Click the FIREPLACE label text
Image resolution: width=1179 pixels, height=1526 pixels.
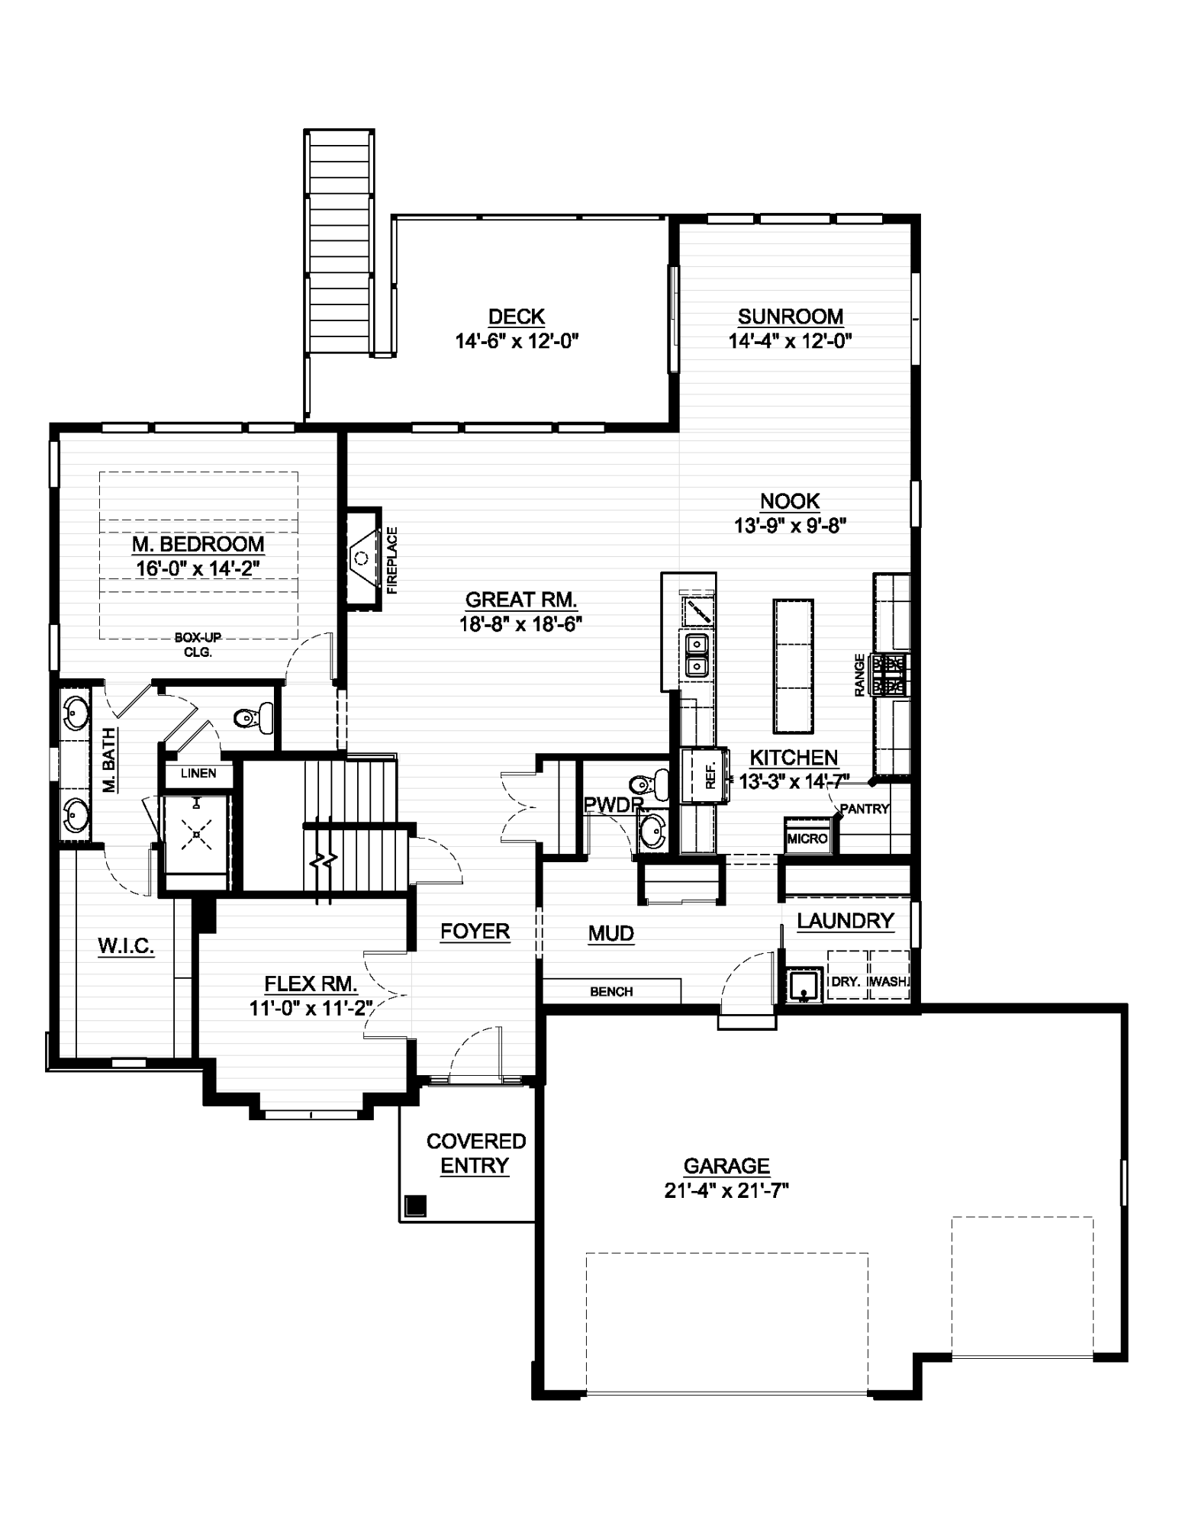coord(392,560)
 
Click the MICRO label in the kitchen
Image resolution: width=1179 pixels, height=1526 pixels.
coord(807,839)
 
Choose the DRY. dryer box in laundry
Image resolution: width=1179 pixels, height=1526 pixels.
coord(846,981)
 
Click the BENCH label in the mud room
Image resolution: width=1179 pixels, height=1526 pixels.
coord(611,991)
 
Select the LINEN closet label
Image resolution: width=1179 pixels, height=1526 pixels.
coord(198,773)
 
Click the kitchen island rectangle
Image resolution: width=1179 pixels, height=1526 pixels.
coord(793,665)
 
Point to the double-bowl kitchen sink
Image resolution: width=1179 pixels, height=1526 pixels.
coord(697,655)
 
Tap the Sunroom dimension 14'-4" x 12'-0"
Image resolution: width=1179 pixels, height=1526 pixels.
coord(790,340)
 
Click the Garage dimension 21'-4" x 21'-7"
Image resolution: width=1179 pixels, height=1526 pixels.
coord(726,1190)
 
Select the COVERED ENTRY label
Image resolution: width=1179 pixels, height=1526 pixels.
coord(475,1153)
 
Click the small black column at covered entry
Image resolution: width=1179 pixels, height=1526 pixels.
coord(415,1206)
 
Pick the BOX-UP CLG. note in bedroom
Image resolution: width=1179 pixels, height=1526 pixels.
coord(198,645)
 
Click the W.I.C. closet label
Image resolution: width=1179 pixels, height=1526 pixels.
coord(126,946)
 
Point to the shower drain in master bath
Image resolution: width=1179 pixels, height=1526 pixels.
coord(197,835)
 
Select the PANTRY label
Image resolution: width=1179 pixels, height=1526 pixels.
coord(864,809)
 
